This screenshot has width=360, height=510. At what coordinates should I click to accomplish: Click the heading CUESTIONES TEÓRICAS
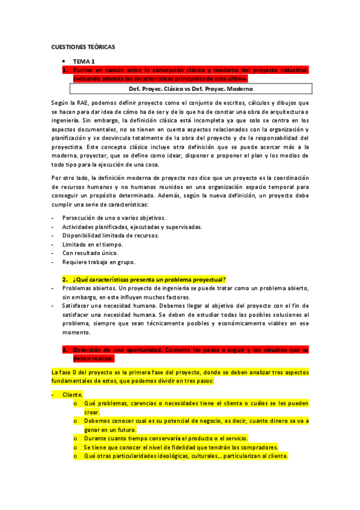[82, 46]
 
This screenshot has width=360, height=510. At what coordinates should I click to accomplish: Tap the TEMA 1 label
[84, 61]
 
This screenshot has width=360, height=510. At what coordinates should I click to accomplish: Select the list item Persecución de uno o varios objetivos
[114, 217]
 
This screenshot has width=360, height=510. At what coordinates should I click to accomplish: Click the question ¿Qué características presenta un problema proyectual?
[149, 280]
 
